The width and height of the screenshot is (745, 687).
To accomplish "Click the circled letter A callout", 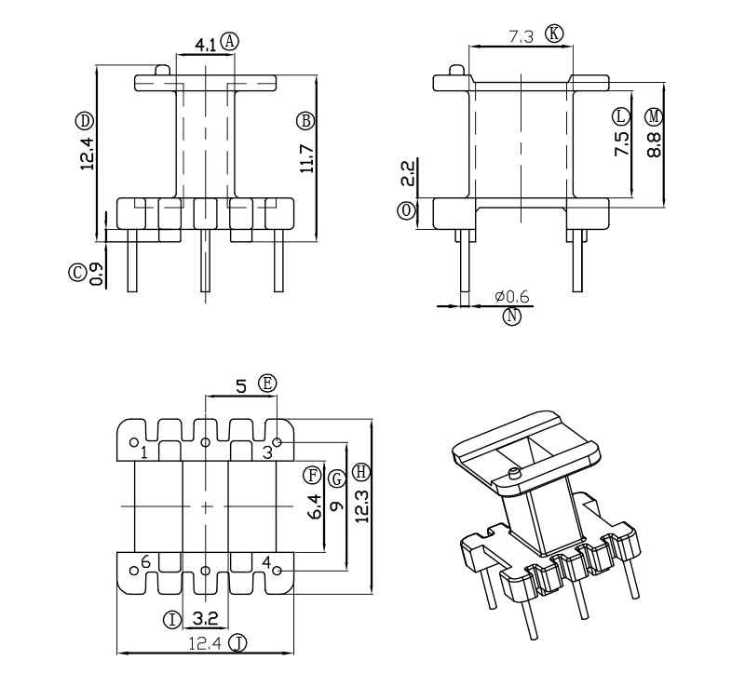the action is click(x=230, y=41).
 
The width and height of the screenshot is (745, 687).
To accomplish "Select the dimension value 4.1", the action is click(x=205, y=45).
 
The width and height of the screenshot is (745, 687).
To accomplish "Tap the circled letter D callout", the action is click(x=84, y=121).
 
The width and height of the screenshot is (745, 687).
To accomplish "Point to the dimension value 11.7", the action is click(x=307, y=158).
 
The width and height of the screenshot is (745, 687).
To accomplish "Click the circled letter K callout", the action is click(x=554, y=34).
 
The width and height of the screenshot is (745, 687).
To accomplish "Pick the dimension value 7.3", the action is click(x=521, y=36).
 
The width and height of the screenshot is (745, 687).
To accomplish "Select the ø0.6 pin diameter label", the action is click(x=511, y=297).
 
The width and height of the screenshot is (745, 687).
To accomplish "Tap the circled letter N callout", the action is click(x=511, y=316).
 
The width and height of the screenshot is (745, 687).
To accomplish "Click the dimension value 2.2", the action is click(x=408, y=173).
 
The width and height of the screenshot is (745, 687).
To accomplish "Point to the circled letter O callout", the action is click(x=406, y=211).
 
